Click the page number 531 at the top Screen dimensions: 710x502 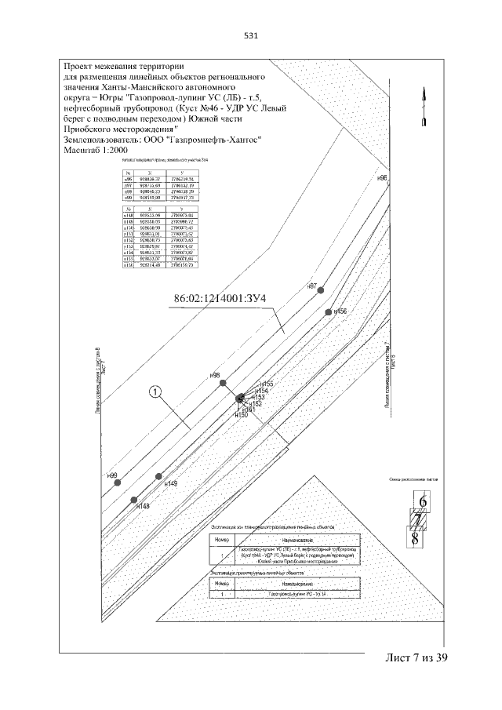[251, 35]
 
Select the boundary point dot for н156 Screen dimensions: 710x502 [328, 312]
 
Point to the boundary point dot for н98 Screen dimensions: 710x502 [224, 383]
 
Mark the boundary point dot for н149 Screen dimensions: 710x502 [159, 477]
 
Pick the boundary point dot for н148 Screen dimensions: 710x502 [134, 500]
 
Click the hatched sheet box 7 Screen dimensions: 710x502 [419, 519]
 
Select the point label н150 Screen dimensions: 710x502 [241, 414]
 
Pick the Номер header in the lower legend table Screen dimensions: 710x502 [225, 584]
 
